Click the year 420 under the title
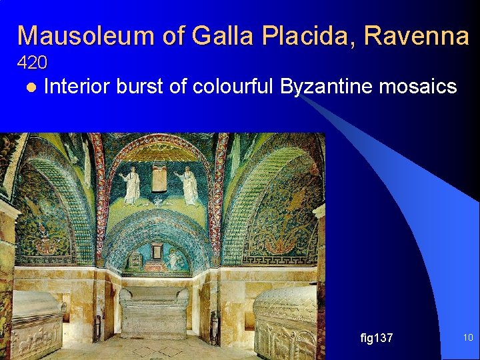pyautogui.click(x=32, y=63)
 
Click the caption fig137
pyautogui.click(x=376, y=338)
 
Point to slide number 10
pyautogui.click(x=467, y=338)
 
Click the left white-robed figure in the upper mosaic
pyautogui.click(x=131, y=185)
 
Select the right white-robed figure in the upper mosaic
pyautogui.click(x=187, y=185)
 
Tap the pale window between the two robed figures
pyautogui.click(x=159, y=177)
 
